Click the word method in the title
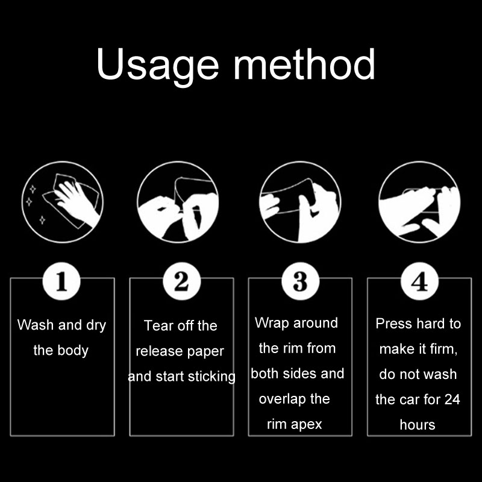304,64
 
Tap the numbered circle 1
61,281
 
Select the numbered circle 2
182,281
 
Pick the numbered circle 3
300,281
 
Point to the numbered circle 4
419,281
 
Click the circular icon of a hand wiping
63,202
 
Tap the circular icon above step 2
178,202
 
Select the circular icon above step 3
300,202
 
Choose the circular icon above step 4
419,202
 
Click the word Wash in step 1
36,325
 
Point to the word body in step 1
73,351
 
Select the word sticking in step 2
212,377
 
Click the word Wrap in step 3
272,323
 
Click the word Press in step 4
393,324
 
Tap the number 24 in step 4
452,399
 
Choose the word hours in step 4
418,425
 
